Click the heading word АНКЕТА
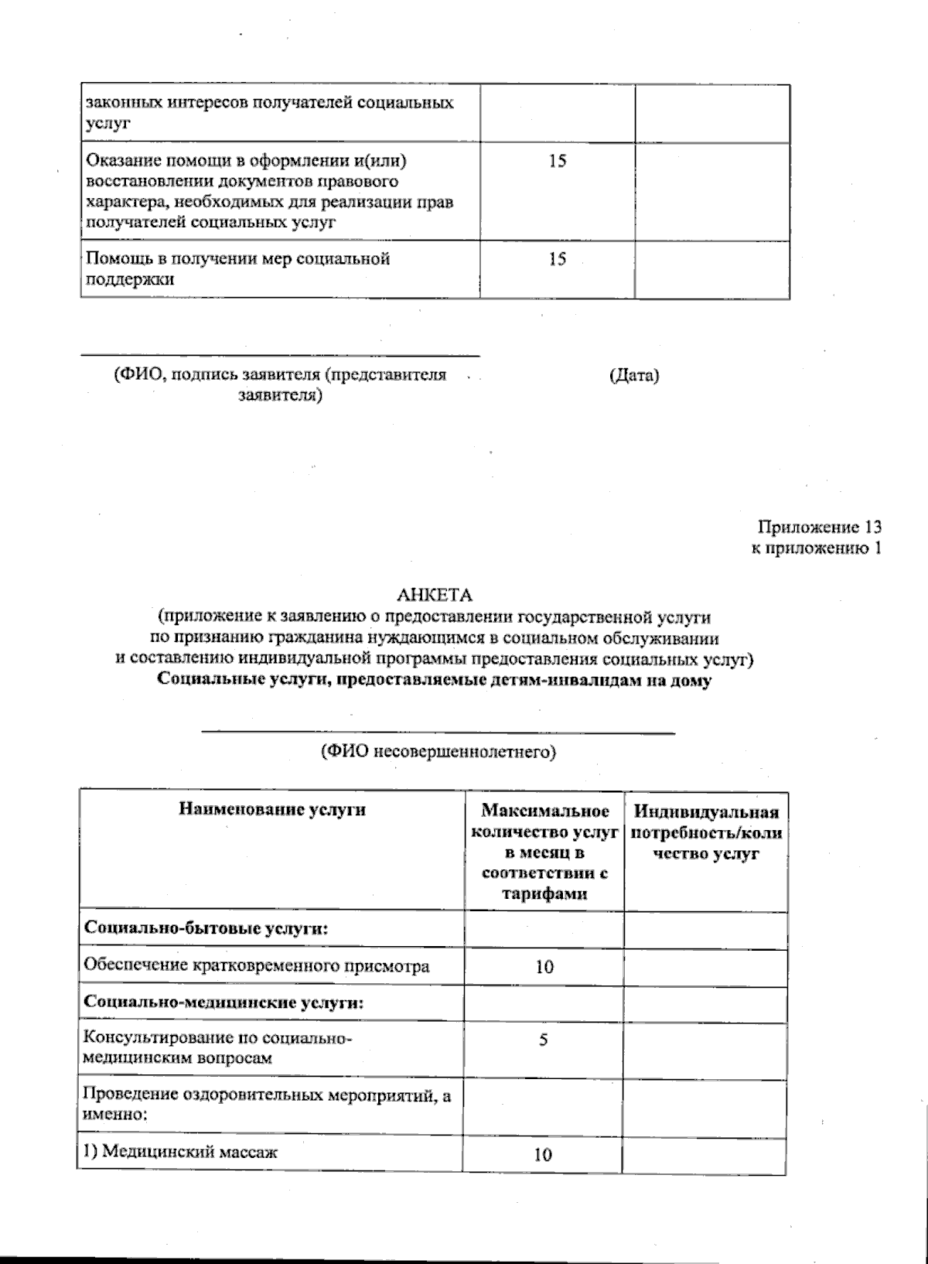434,595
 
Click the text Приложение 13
820,528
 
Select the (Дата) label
634,376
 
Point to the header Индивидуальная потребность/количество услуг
706,832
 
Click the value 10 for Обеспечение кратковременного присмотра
544,967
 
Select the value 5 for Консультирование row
544,1040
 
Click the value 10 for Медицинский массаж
543,1155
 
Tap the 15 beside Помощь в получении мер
557,260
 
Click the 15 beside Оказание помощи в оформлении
557,162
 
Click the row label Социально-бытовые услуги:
206,929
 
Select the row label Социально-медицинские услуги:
223,1003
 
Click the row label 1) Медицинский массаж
180,1151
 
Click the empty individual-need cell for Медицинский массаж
705,1154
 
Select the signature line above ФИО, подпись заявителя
280,356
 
